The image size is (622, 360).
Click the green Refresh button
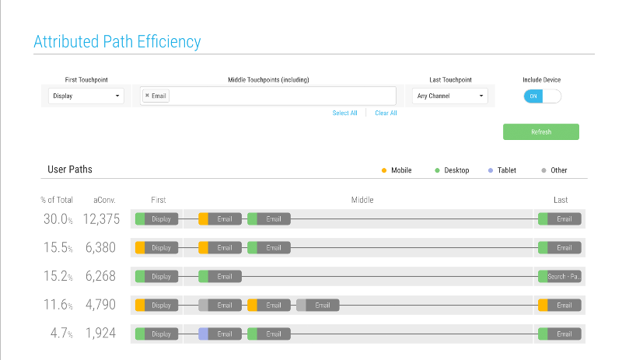point(540,131)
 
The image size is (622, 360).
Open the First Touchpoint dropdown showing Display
point(86,96)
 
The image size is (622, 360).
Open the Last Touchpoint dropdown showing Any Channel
point(450,96)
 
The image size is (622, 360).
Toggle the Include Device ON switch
point(542,96)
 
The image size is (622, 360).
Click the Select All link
point(344,113)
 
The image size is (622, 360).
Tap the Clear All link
point(386,113)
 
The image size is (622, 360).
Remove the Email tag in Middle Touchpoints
point(147,96)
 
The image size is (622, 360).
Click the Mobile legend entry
point(397,170)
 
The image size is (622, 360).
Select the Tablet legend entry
point(501,170)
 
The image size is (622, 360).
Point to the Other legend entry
point(554,170)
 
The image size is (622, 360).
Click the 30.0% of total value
point(58,218)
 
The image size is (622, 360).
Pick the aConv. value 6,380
point(100,248)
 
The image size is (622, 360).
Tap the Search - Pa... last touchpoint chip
point(559,277)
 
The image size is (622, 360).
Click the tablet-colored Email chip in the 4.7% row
point(220,334)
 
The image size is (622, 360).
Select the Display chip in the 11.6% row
point(157,306)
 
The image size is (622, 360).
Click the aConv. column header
point(104,200)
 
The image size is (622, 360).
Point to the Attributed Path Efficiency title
point(117,42)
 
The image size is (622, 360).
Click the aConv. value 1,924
point(101,333)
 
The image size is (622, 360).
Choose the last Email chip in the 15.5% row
point(559,248)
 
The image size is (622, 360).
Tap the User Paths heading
point(70,170)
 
